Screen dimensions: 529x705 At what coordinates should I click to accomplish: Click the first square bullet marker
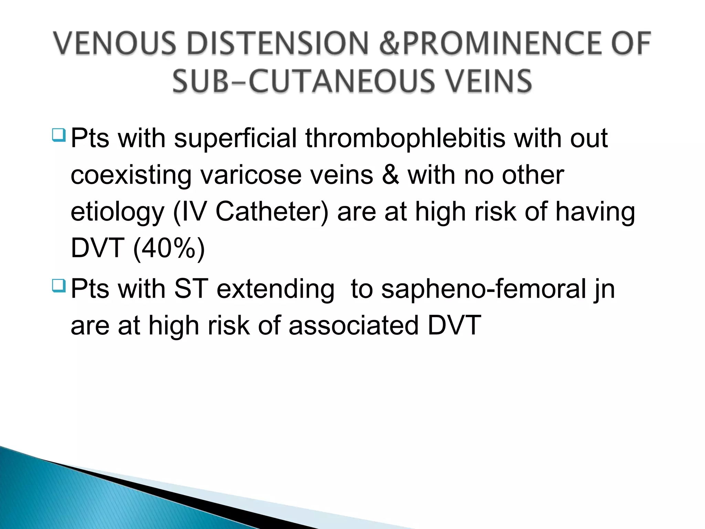[59, 135]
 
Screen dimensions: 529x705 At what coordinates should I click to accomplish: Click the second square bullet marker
[59, 286]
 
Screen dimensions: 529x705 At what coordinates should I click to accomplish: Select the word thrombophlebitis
[405, 138]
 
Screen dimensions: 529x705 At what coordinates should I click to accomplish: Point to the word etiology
[117, 212]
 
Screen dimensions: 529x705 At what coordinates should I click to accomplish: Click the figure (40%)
[169, 248]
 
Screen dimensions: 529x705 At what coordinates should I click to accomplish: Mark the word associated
[354, 325]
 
